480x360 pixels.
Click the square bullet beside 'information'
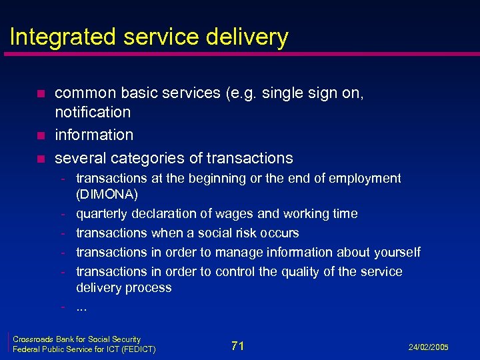[41, 135]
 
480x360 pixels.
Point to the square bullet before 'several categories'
[41, 159]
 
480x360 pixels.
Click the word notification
[93, 111]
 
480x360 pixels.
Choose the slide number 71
[237, 345]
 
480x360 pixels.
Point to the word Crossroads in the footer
[31, 339]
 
